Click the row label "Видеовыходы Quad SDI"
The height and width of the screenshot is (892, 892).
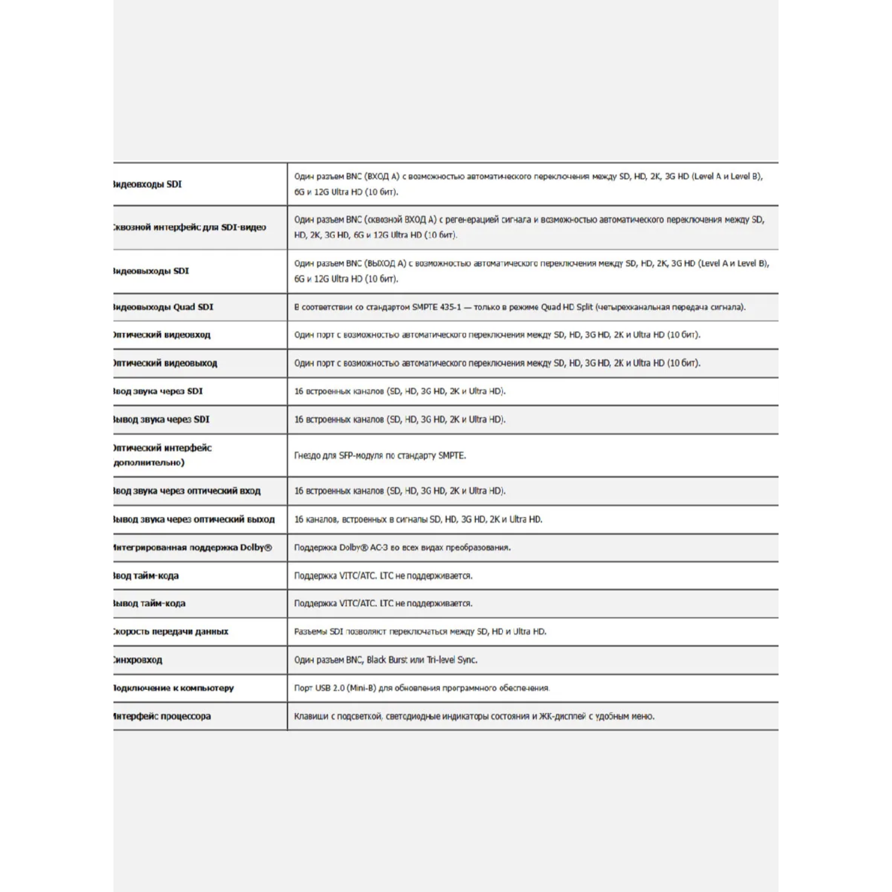tap(163, 307)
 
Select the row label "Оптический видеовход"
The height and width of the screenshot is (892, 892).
tap(162, 335)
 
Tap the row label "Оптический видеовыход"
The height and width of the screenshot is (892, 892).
tap(165, 363)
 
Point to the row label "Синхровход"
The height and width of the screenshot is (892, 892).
tap(138, 660)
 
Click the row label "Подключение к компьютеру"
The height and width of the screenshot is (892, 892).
tap(173, 688)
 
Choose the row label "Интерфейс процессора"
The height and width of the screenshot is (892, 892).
tap(162, 716)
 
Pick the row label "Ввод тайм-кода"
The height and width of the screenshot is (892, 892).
tap(146, 576)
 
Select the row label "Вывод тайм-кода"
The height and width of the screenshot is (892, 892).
tap(149, 603)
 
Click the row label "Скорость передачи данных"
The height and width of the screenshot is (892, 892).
tap(171, 631)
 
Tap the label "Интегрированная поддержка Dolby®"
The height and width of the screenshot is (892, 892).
tap(193, 547)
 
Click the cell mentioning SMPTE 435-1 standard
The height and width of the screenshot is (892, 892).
tap(520, 307)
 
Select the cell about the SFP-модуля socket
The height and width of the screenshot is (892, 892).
tap(380, 456)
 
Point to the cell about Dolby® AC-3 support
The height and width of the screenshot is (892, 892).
tap(402, 547)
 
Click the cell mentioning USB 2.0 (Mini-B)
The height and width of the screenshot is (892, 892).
tap(421, 688)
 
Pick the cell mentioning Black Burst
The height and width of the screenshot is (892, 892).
tap(386, 660)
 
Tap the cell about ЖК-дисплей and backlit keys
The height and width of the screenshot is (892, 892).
tap(474, 716)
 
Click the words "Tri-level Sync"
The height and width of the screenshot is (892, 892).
tap(452, 660)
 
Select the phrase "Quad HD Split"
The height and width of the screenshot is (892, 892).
tap(567, 307)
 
